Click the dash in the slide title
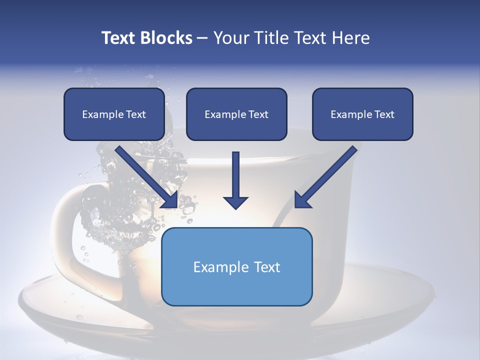202,38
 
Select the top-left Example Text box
114,114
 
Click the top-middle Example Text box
236,114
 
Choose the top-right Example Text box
362,114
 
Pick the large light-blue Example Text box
236,266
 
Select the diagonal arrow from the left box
145,175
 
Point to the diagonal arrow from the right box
327,175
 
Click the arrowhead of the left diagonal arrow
170,200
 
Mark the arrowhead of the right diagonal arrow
301,200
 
